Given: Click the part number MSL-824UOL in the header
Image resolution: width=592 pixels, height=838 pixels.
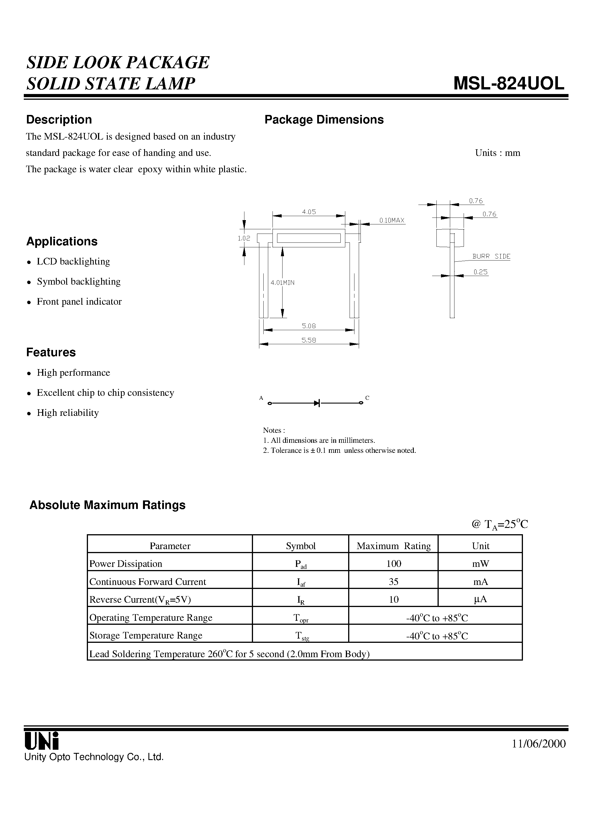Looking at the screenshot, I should click(x=509, y=84).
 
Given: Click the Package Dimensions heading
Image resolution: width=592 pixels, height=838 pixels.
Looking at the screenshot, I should click(x=324, y=120).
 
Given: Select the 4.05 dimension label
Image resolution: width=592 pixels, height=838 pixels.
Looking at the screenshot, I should click(x=309, y=212).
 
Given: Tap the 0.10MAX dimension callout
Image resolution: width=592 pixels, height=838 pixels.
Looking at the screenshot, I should click(x=392, y=220).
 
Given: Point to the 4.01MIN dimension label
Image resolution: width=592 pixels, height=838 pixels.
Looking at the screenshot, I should click(x=283, y=283).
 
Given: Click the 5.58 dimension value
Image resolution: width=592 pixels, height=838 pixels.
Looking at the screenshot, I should click(x=309, y=340).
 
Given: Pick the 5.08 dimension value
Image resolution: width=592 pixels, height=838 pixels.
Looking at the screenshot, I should click(x=309, y=326).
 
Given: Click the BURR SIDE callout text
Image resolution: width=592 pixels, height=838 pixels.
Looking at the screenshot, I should click(x=491, y=256).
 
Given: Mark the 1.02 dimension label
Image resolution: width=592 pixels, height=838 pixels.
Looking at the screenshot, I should click(x=244, y=238).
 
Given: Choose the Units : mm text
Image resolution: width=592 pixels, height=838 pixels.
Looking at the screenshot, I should click(x=497, y=153).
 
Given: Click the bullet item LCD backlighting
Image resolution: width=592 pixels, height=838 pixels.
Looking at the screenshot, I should click(x=73, y=261).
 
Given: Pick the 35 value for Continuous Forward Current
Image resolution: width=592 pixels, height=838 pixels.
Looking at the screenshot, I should click(x=393, y=581).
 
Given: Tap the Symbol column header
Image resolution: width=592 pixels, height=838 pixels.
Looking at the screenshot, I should click(x=300, y=546).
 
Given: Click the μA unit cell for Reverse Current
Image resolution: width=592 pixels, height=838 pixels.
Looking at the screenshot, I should click(x=480, y=599).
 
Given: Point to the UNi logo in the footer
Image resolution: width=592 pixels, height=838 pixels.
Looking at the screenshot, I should click(x=41, y=741).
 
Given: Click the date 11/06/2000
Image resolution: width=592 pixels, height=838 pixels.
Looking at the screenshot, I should click(x=539, y=744).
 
